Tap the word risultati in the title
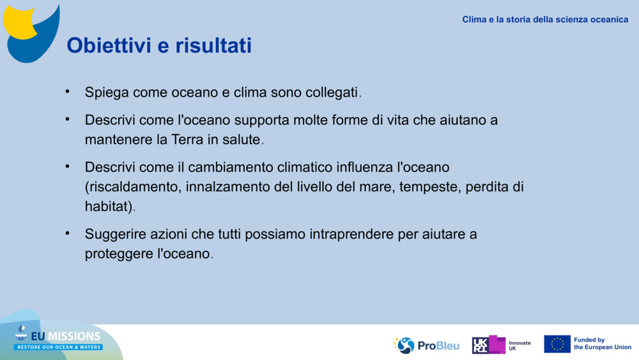coord(213,45)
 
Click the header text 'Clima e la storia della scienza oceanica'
coord(545,20)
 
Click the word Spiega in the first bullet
coord(107,93)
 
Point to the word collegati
coord(331,93)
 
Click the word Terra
coord(187,139)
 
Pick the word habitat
coord(106,207)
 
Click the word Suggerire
coord(115,235)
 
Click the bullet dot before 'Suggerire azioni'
coord(68,233)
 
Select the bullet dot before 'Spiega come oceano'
coord(68,91)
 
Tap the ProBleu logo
coord(426,345)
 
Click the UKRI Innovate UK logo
coord(501,345)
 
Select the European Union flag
coord(557,344)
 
